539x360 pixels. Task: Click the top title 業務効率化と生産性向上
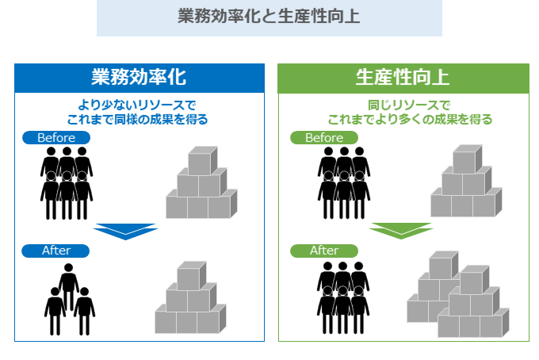[x=269, y=17]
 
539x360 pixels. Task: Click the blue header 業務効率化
[x=139, y=78]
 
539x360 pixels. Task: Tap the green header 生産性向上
[x=403, y=78]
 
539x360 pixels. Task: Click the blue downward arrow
[x=125, y=231]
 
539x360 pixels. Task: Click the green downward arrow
[x=401, y=231]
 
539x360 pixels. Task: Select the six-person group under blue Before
[x=67, y=182]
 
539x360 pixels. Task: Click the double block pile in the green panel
[x=457, y=296]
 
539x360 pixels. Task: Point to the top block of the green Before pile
[x=466, y=159]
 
